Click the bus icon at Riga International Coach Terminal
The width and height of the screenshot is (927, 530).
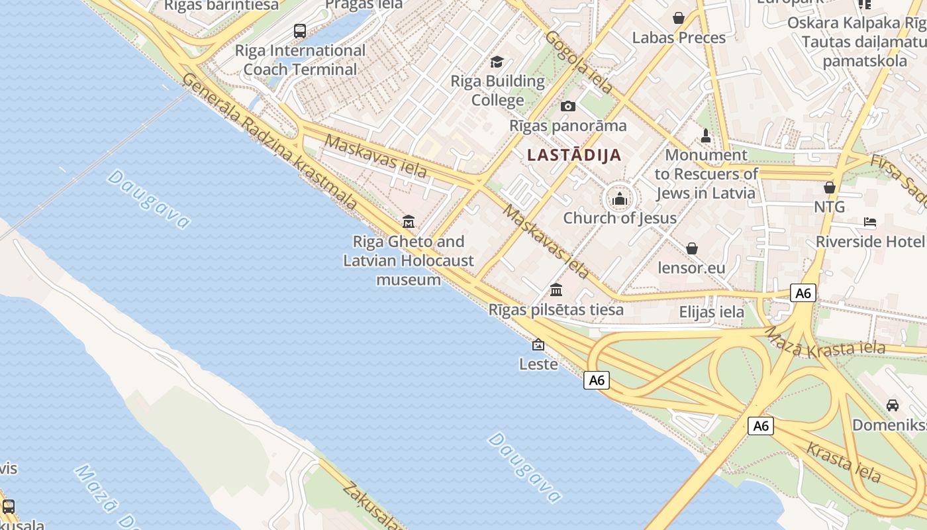pos(299,30)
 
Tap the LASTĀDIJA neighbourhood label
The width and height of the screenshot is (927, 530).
pos(574,155)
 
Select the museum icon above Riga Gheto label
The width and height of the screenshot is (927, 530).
pos(409,221)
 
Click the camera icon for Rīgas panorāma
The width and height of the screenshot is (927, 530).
pos(567,106)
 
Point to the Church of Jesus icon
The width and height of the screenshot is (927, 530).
pos(620,198)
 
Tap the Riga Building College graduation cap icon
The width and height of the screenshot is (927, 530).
pos(497,62)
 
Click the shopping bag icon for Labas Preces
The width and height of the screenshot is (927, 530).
pos(679,18)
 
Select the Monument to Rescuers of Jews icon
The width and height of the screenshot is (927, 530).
pos(706,136)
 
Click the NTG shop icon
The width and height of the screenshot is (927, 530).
pos(829,187)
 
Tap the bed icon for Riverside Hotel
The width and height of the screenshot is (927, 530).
pos(870,222)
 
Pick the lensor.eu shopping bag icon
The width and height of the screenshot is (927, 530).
pos(691,248)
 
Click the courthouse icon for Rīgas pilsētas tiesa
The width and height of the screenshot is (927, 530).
pos(556,290)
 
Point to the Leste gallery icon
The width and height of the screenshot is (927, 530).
pos(538,344)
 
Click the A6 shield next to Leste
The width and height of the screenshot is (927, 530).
pos(597,380)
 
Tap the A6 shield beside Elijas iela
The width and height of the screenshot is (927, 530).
pos(803,293)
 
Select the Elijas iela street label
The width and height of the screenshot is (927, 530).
pos(712,311)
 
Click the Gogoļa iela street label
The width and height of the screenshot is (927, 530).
pos(579,62)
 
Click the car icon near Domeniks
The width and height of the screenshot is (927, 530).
pos(893,405)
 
